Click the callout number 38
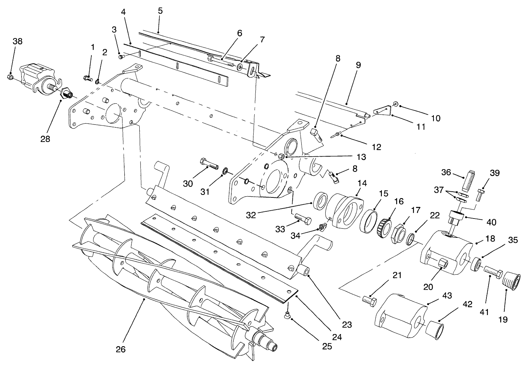[x=17, y=41]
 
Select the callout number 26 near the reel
[x=121, y=349]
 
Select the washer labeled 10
[x=395, y=104]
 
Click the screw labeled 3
[x=121, y=56]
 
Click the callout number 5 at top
[x=160, y=11]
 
